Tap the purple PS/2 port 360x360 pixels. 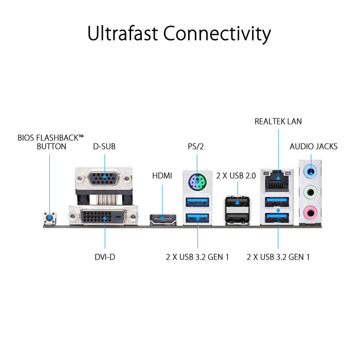(x=196, y=181)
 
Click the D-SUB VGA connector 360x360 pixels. (x=104, y=179)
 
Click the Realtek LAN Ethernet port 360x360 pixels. (x=278, y=181)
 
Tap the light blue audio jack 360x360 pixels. (x=311, y=170)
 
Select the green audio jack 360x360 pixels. (x=311, y=191)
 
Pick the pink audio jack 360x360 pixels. (x=311, y=211)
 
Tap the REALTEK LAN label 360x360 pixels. (x=278, y=121)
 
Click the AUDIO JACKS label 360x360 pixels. (x=314, y=146)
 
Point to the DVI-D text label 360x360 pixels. (x=104, y=256)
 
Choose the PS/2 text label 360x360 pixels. (x=196, y=146)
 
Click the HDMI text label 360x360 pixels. (x=163, y=175)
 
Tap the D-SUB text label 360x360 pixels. (x=104, y=146)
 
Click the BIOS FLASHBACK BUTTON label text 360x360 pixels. (x=50, y=142)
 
